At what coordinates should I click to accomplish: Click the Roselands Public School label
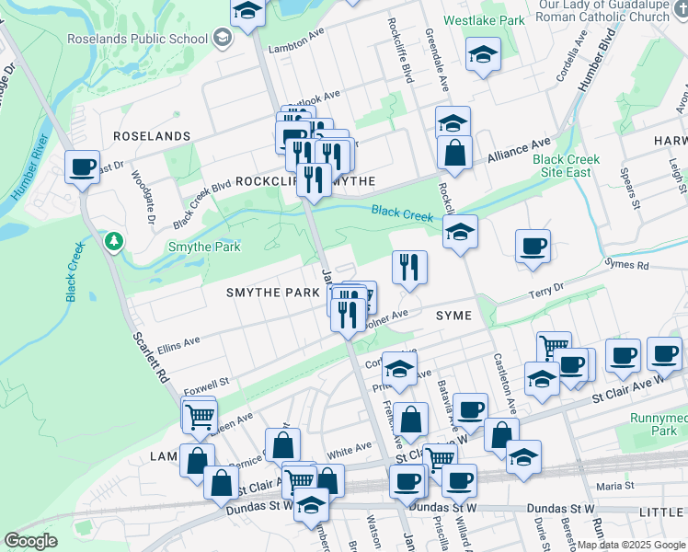click(x=138, y=39)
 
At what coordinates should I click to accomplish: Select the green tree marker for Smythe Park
click(x=114, y=242)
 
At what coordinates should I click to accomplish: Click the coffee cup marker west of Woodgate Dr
click(x=83, y=167)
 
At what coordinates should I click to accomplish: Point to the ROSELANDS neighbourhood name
click(x=151, y=136)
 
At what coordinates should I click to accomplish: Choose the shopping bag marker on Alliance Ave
click(x=454, y=153)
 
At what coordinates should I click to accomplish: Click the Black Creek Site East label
click(x=566, y=166)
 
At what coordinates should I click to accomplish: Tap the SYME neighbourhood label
click(x=453, y=316)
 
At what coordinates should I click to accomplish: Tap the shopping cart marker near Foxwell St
click(x=199, y=416)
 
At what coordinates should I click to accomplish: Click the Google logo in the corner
click(x=31, y=541)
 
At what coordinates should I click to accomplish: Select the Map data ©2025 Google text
click(x=631, y=545)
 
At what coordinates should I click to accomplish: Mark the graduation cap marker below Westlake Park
click(x=483, y=55)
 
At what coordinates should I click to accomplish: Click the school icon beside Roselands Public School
click(x=222, y=38)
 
